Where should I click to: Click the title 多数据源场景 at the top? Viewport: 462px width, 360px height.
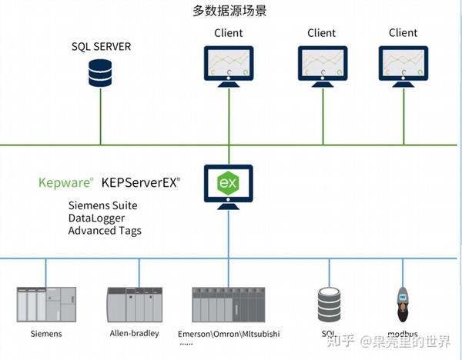(229, 12)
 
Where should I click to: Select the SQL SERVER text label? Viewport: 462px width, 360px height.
(101, 47)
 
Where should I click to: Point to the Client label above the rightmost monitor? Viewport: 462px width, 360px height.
(403, 33)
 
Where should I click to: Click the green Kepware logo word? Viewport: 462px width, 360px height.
(65, 183)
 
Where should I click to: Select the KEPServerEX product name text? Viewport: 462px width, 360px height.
(141, 183)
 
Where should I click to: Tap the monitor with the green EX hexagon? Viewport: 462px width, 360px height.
(228, 185)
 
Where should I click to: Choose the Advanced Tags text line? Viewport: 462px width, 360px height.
(105, 230)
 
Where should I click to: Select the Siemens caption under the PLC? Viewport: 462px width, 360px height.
(46, 334)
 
